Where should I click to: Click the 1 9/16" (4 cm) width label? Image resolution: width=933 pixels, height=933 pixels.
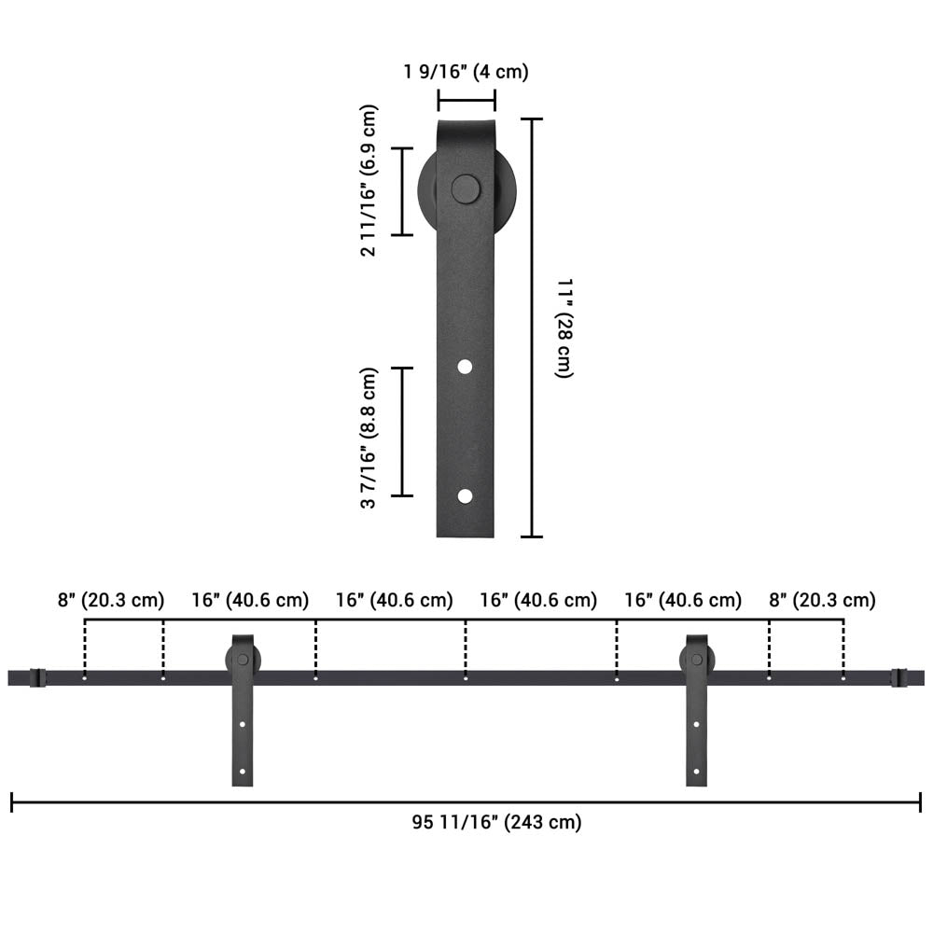coord(466,72)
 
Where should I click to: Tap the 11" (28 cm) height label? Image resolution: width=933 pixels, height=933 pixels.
coord(564,327)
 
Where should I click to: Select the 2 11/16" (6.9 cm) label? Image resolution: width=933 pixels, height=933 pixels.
coord(369,180)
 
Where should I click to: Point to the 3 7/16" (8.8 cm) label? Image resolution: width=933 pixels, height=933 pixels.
coord(369,438)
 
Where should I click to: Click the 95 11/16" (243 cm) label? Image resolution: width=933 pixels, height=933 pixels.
coord(497,822)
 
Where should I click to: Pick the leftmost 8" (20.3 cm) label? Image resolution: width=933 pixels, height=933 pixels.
coord(111,600)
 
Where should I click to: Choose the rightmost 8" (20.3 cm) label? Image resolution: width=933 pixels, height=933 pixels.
coord(822,600)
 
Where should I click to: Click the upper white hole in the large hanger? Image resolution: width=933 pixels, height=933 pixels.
coord(465,367)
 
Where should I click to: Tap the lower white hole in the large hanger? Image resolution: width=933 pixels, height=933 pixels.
coord(465,495)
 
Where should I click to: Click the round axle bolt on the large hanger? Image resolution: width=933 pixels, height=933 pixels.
coord(466,189)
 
